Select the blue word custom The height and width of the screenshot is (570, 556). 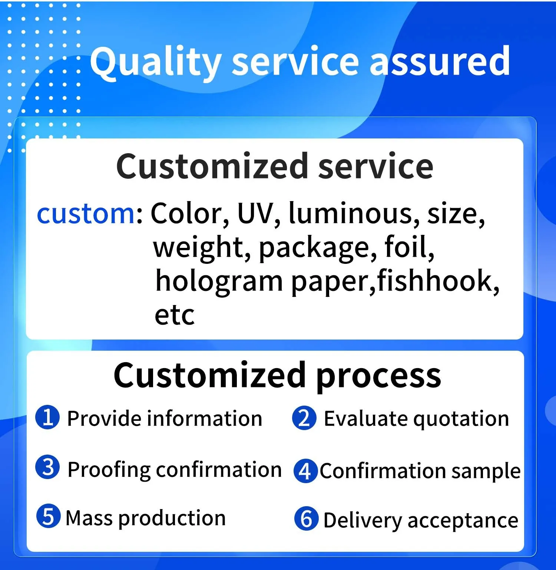coord(86,214)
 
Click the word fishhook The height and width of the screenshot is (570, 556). coord(438,281)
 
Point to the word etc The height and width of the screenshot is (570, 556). coord(174,316)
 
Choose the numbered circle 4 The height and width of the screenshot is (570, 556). coord(305,471)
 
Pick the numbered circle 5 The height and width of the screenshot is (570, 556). coord(48,516)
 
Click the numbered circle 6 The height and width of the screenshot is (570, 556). coord(306,518)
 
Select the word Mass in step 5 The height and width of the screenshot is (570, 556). coord(89,518)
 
